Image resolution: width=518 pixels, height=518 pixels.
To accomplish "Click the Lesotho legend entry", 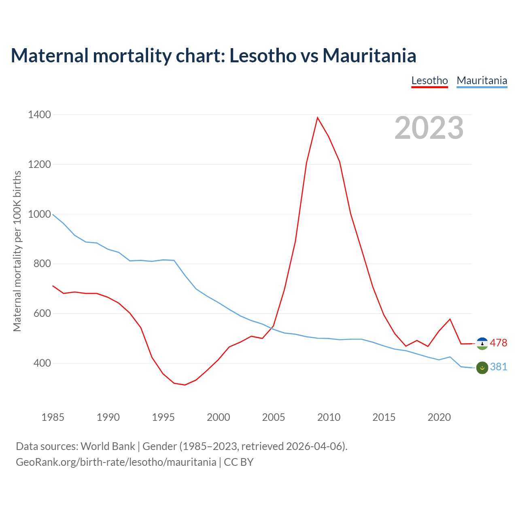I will pos(429,81).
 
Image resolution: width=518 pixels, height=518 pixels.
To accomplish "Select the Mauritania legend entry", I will pos(482,81).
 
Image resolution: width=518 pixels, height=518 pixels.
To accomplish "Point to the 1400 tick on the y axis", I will pos(39,115).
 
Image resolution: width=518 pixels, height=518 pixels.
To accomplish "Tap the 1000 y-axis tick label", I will pos(39,214).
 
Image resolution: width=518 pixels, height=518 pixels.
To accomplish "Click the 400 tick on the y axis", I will pos(42,363).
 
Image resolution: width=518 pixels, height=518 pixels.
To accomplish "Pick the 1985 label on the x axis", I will pos(53,417).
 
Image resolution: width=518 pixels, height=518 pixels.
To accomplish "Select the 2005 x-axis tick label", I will pos(274,417).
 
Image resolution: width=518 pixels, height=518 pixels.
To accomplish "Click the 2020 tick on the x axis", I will pos(439,417).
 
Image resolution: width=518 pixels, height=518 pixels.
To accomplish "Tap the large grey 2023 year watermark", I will pos(429,128).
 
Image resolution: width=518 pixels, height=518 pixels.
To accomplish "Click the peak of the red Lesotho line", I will pos(318,117).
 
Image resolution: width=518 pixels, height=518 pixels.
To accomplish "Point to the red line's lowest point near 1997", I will pos(185,385).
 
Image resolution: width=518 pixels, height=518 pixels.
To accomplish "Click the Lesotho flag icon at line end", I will pos(482,344).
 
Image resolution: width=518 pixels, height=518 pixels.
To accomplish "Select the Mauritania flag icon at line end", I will pos(482,367).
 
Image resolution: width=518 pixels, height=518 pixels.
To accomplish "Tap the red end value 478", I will pos(499,343).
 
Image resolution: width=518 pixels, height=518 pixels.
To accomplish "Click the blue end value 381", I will pos(499,367).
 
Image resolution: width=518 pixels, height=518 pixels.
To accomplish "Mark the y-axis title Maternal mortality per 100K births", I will pos(17,251).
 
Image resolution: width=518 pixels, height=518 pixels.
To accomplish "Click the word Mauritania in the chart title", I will pos(369,55).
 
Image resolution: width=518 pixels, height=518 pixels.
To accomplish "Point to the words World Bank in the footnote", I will pos(108,446).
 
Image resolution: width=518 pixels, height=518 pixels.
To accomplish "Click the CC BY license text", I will pos(239,462).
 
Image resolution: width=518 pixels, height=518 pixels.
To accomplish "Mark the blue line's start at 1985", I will pos(53,214).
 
